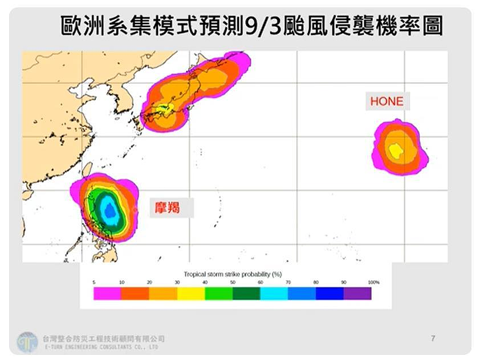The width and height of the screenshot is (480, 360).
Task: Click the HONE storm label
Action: coord(387,102)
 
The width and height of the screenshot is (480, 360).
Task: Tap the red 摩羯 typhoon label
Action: coord(168,207)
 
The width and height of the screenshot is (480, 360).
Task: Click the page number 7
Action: coord(433,339)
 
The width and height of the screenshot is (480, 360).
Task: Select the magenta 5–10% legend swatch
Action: coord(107,293)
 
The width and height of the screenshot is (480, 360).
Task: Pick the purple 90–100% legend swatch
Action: coord(357,293)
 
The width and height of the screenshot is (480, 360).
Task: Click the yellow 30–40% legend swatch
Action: coord(190,293)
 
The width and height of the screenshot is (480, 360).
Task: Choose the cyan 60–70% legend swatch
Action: coord(274,293)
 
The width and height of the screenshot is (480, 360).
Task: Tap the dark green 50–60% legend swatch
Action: coord(246,293)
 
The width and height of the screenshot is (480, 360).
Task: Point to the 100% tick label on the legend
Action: coord(373,282)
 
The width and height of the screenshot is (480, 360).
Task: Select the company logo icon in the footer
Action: coord(27,342)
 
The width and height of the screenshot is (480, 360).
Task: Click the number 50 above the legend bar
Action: coord(233,282)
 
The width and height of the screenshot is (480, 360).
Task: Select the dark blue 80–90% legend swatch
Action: coord(330,293)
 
